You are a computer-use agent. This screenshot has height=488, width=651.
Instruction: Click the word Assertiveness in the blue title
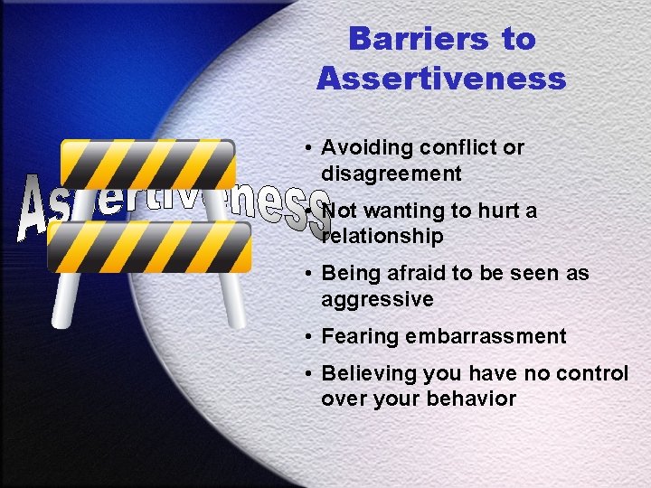[441, 79]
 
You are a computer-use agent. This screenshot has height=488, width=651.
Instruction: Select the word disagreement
[391, 174]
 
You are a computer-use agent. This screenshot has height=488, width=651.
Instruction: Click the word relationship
[382, 237]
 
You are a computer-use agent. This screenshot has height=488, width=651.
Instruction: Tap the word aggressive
[377, 299]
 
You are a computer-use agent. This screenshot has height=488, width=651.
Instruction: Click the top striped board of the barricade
[147, 164]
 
